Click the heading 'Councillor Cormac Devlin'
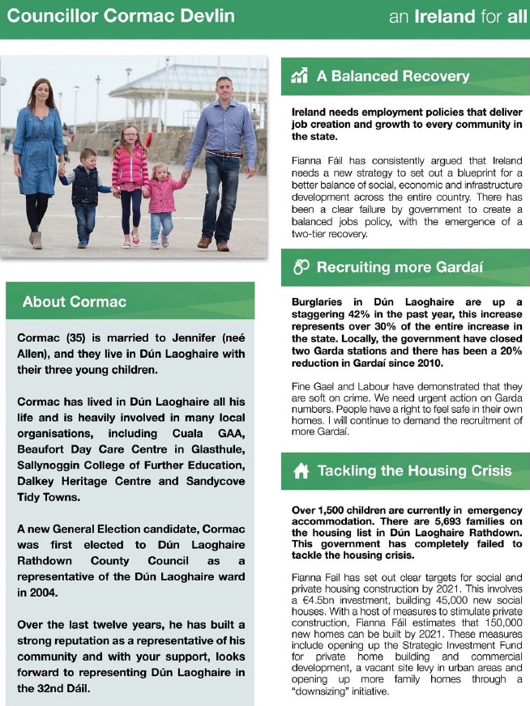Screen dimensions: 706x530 (121, 16)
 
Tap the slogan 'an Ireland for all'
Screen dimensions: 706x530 (458, 16)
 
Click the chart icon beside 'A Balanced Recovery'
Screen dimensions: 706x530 (300, 76)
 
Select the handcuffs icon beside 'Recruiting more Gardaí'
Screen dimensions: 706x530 (300, 267)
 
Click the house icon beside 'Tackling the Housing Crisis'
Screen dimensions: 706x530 (301, 471)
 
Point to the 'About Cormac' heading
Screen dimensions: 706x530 (75, 302)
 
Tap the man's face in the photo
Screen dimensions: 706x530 (224, 88)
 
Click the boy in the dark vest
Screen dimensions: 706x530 (83, 191)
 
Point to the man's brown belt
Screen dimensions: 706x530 (224, 154)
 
